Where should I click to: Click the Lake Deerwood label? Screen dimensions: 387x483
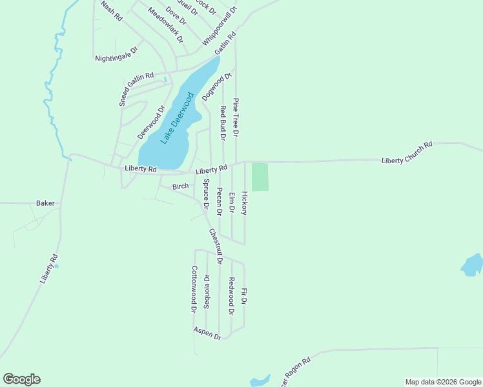pos(177,119)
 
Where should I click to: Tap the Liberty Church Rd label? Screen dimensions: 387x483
pos(406,153)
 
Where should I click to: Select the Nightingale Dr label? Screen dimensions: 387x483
pos(117,54)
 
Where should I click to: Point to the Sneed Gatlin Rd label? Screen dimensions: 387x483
pos(136,89)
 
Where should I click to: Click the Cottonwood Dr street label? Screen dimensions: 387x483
pos(194,289)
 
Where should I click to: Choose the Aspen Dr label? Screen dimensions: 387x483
pos(207,333)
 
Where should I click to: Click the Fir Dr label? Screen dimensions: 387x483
pos(244,297)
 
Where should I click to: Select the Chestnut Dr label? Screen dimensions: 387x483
pos(215,247)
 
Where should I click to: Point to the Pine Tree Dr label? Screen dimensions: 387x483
pos(236,117)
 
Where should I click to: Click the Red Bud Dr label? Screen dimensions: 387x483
pos(223,123)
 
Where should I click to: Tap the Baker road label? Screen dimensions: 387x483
pos(45,203)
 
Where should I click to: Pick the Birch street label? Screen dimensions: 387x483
pos(180,186)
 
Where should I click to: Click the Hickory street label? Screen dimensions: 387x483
pos(245,203)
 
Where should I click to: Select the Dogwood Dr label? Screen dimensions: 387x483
pos(216,87)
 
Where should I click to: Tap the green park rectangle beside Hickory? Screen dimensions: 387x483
pos(260,177)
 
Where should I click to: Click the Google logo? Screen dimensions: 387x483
pos(21,379)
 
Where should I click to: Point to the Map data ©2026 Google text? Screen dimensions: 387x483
pos(442,382)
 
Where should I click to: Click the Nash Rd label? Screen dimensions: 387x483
pos(111,11)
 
